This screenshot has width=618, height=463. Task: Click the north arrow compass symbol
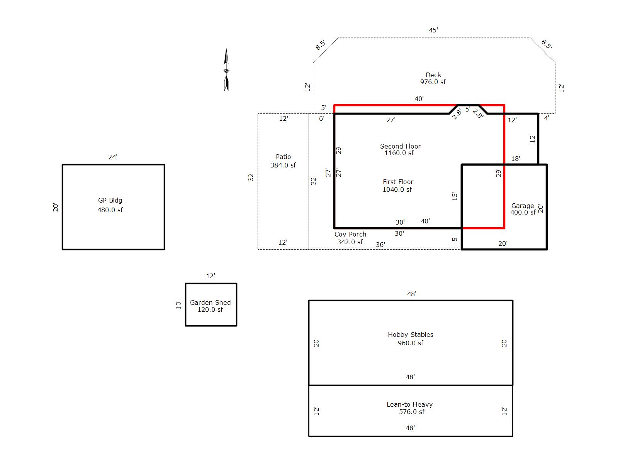(226, 70)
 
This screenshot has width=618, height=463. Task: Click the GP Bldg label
(110, 200)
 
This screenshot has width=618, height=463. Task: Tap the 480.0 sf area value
(110, 210)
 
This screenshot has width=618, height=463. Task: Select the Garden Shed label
(210, 302)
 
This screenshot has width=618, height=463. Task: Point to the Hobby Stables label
(410, 335)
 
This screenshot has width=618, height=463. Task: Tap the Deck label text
(433, 75)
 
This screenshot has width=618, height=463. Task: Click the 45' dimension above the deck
(433, 30)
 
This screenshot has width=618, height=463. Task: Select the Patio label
(283, 157)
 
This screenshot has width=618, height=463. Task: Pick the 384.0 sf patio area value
(283, 165)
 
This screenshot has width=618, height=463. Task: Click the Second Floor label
(400, 146)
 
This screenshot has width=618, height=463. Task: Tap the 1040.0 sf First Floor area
(397, 189)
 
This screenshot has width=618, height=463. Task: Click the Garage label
(522, 206)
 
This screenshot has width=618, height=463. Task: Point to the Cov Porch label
(350, 234)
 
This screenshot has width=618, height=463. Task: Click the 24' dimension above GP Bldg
(113, 157)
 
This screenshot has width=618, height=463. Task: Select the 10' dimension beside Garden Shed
(178, 305)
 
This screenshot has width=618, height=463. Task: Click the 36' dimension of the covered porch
(380, 245)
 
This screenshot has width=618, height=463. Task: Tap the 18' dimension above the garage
(515, 159)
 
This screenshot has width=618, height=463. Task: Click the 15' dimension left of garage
(455, 196)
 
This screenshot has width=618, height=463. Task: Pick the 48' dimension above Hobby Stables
(411, 294)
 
